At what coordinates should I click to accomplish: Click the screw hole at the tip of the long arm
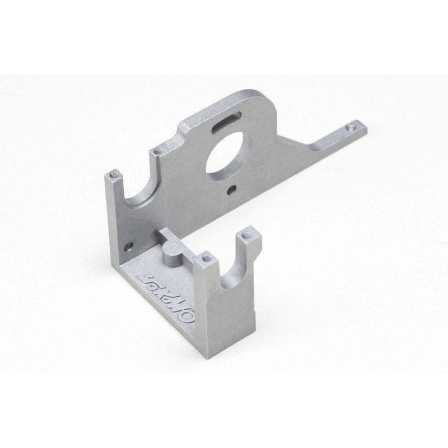[x=351, y=127]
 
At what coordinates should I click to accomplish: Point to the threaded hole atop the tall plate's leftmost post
[x=113, y=175]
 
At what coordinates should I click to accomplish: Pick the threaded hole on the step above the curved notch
[x=160, y=150]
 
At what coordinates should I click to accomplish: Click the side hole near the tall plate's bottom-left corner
[x=130, y=245]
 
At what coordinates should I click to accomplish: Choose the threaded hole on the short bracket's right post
[x=245, y=236]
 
